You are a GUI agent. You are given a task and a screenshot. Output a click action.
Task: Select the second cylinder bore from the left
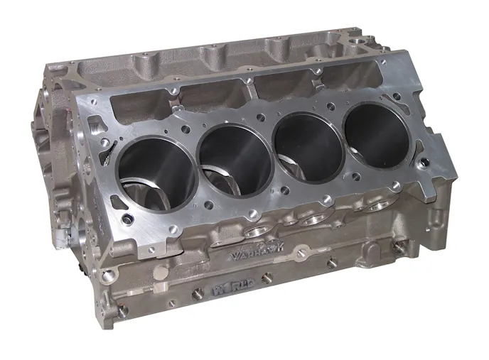point(235,163)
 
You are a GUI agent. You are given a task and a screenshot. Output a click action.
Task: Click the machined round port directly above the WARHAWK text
point(255,232)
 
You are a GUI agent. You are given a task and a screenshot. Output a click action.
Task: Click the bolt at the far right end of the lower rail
point(400,249)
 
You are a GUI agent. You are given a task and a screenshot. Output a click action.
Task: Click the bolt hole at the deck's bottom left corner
point(127,220)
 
